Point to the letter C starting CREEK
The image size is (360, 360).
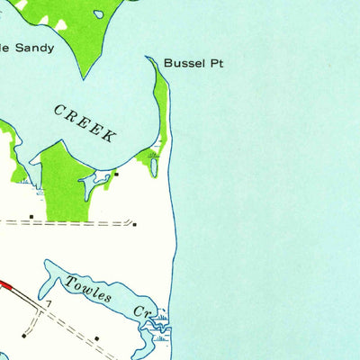(59, 109)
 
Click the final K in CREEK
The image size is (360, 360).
(110, 137)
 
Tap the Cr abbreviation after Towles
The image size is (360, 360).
(144, 310)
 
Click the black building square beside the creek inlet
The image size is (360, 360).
(116, 174)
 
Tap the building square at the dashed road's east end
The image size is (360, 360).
(134, 224)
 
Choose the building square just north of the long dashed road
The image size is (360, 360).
(31, 216)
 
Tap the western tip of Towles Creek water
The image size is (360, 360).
(46, 270)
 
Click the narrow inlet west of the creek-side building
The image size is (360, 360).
(90, 184)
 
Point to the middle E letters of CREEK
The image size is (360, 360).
(85, 122)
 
